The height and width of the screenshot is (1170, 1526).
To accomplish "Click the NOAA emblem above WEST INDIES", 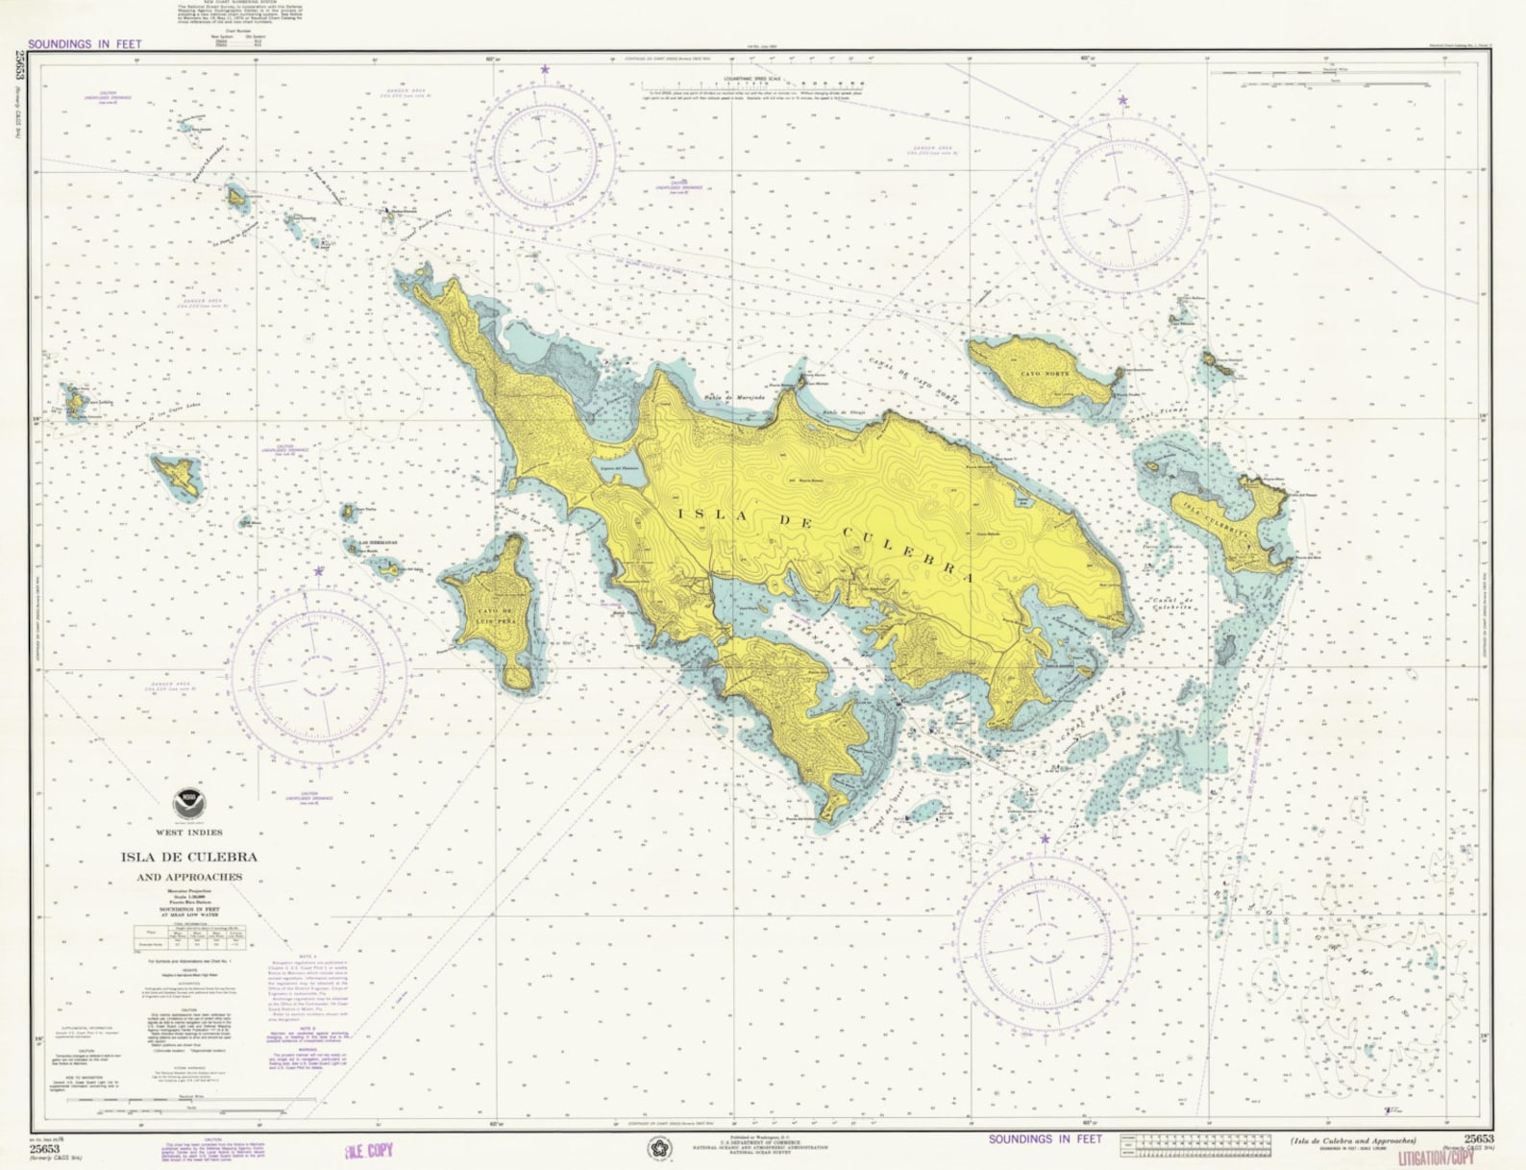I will [187, 805].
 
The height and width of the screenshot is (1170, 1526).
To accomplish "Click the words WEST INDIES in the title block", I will [188, 833].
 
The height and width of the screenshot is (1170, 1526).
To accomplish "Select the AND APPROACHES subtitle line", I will [189, 877].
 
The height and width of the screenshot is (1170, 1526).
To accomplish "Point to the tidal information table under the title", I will [190, 936].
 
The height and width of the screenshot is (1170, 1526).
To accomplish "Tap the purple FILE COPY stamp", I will [368, 1151].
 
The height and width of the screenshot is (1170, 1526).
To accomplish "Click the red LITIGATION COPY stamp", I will [1437, 1158].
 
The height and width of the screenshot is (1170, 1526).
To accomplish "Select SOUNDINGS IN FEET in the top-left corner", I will [85, 44].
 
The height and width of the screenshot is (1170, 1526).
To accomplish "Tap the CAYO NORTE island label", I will [1045, 373].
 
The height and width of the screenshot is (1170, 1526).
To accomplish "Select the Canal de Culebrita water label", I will [1172, 603].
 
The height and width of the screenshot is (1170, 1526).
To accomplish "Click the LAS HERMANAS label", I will [378, 543].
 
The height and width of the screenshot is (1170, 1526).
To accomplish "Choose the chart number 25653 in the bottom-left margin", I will [44, 1149].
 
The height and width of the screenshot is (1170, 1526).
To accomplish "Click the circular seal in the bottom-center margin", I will [658, 1148].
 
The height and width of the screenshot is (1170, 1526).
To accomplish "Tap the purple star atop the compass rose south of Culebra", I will [1045, 839].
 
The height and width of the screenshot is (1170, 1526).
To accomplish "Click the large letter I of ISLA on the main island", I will [685, 513].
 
